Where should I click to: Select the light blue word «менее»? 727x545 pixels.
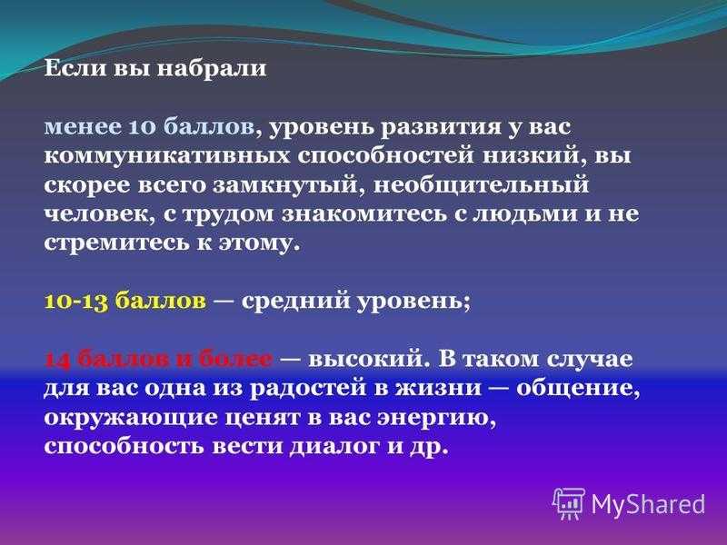click(83, 127)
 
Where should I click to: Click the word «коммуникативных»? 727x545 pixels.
click(167, 156)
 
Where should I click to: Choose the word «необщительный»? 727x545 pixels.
click(481, 185)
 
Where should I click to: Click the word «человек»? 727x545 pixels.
click(99, 214)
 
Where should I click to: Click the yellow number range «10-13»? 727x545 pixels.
click(76, 302)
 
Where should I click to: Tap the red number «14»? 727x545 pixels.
click(58, 360)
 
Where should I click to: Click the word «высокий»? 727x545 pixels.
click(369, 360)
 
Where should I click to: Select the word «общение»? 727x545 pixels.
click(578, 389)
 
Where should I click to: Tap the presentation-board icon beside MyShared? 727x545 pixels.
click(570, 504)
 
